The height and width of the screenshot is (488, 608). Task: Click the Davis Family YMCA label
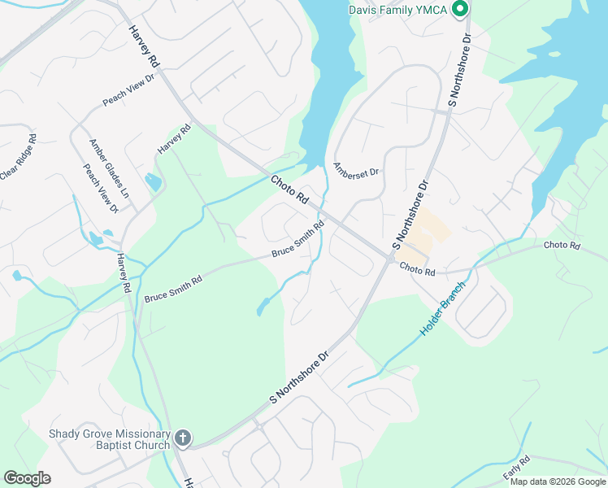[398, 10]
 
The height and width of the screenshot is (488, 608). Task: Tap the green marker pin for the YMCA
[459, 10]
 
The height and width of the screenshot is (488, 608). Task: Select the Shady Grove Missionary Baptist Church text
[109, 439]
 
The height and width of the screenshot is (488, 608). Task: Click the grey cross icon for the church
[183, 439]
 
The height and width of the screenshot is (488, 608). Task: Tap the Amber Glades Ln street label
[109, 168]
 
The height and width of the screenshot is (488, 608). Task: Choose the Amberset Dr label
[356, 169]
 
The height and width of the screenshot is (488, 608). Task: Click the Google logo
[27, 478]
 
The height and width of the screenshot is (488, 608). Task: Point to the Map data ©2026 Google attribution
[558, 481]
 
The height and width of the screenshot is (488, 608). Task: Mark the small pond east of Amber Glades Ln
[152, 182]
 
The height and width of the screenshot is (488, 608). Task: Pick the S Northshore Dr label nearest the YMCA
[460, 72]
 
